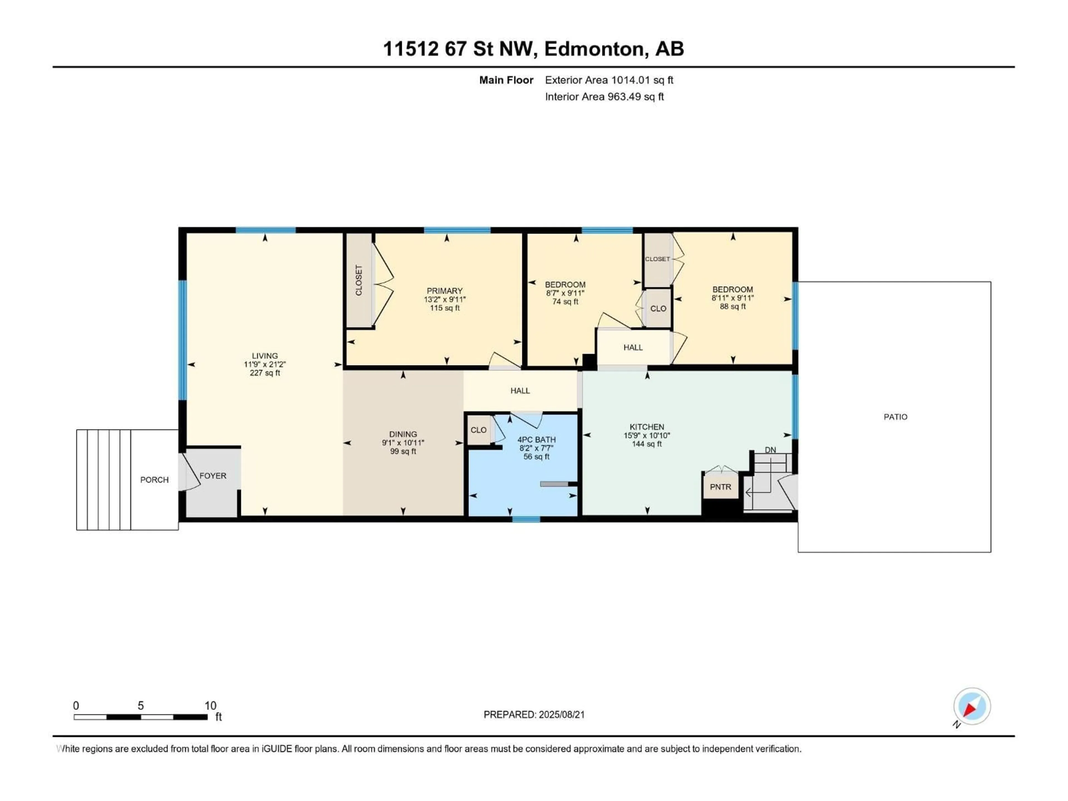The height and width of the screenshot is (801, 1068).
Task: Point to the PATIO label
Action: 896,417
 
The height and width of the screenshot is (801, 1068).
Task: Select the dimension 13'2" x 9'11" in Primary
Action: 445,299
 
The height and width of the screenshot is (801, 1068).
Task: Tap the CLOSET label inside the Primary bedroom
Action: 359,280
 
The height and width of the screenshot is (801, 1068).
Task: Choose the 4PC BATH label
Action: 537,440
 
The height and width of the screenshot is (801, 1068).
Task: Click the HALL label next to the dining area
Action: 520,390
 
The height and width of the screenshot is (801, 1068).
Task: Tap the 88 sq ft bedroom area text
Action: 732,306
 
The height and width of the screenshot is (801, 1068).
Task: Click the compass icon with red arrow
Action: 972,706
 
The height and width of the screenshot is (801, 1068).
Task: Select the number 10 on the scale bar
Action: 210,706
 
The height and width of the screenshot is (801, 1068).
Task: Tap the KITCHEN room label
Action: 646,427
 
